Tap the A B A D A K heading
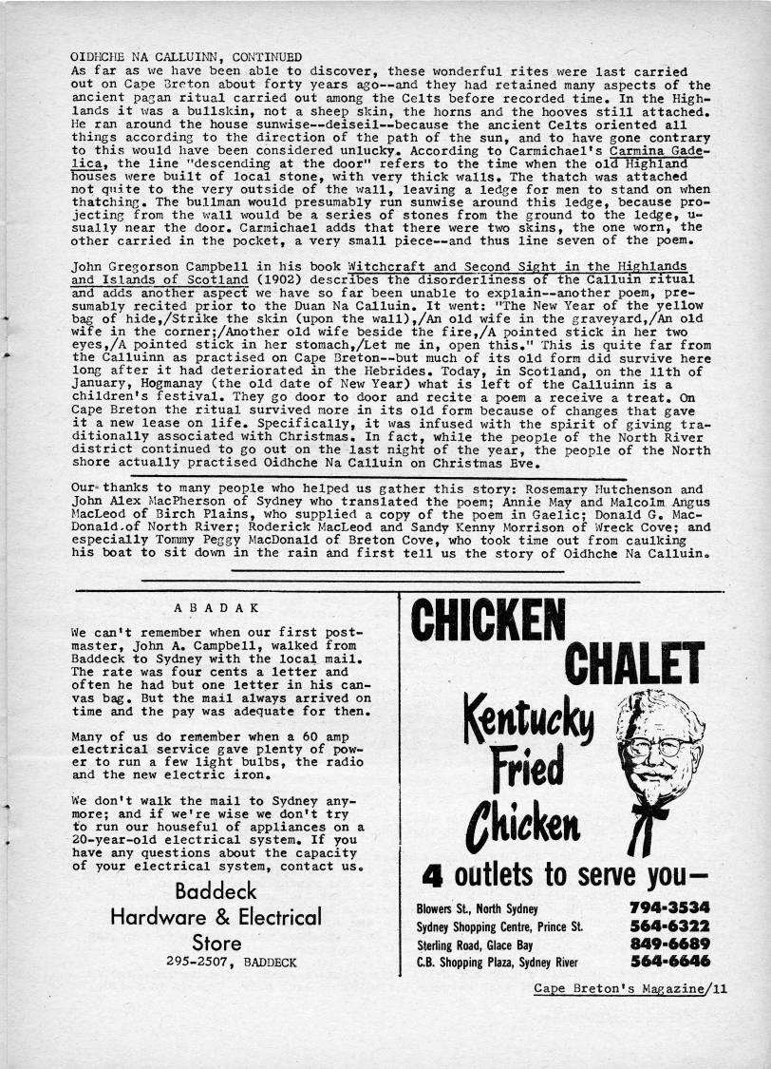tap(217, 607)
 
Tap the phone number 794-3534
tap(669, 907)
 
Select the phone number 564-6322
tap(669, 926)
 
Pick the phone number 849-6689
tap(669, 945)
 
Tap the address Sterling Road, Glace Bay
tap(472, 945)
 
